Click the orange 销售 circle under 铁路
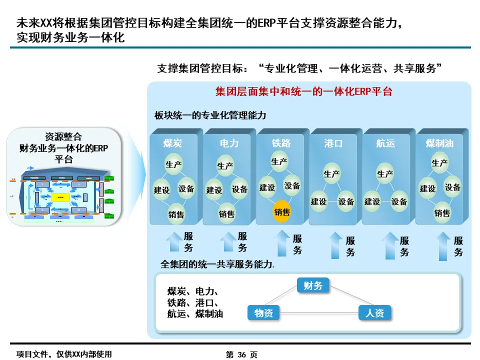(282, 212)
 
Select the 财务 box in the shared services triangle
(313, 286)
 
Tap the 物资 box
(263, 313)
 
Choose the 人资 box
(374, 313)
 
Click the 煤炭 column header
(172, 143)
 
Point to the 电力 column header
(229, 143)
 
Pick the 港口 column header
(333, 143)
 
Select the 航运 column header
(385, 143)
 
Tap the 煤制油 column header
(439, 143)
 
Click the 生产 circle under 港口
(332, 174)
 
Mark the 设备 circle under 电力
(239, 189)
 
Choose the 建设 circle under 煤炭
(161, 190)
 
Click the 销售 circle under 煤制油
(442, 213)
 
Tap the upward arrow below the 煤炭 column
(174, 241)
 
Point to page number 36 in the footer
(242, 354)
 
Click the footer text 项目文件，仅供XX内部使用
(64, 354)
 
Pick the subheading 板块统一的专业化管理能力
(210, 115)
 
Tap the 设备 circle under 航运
(398, 201)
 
